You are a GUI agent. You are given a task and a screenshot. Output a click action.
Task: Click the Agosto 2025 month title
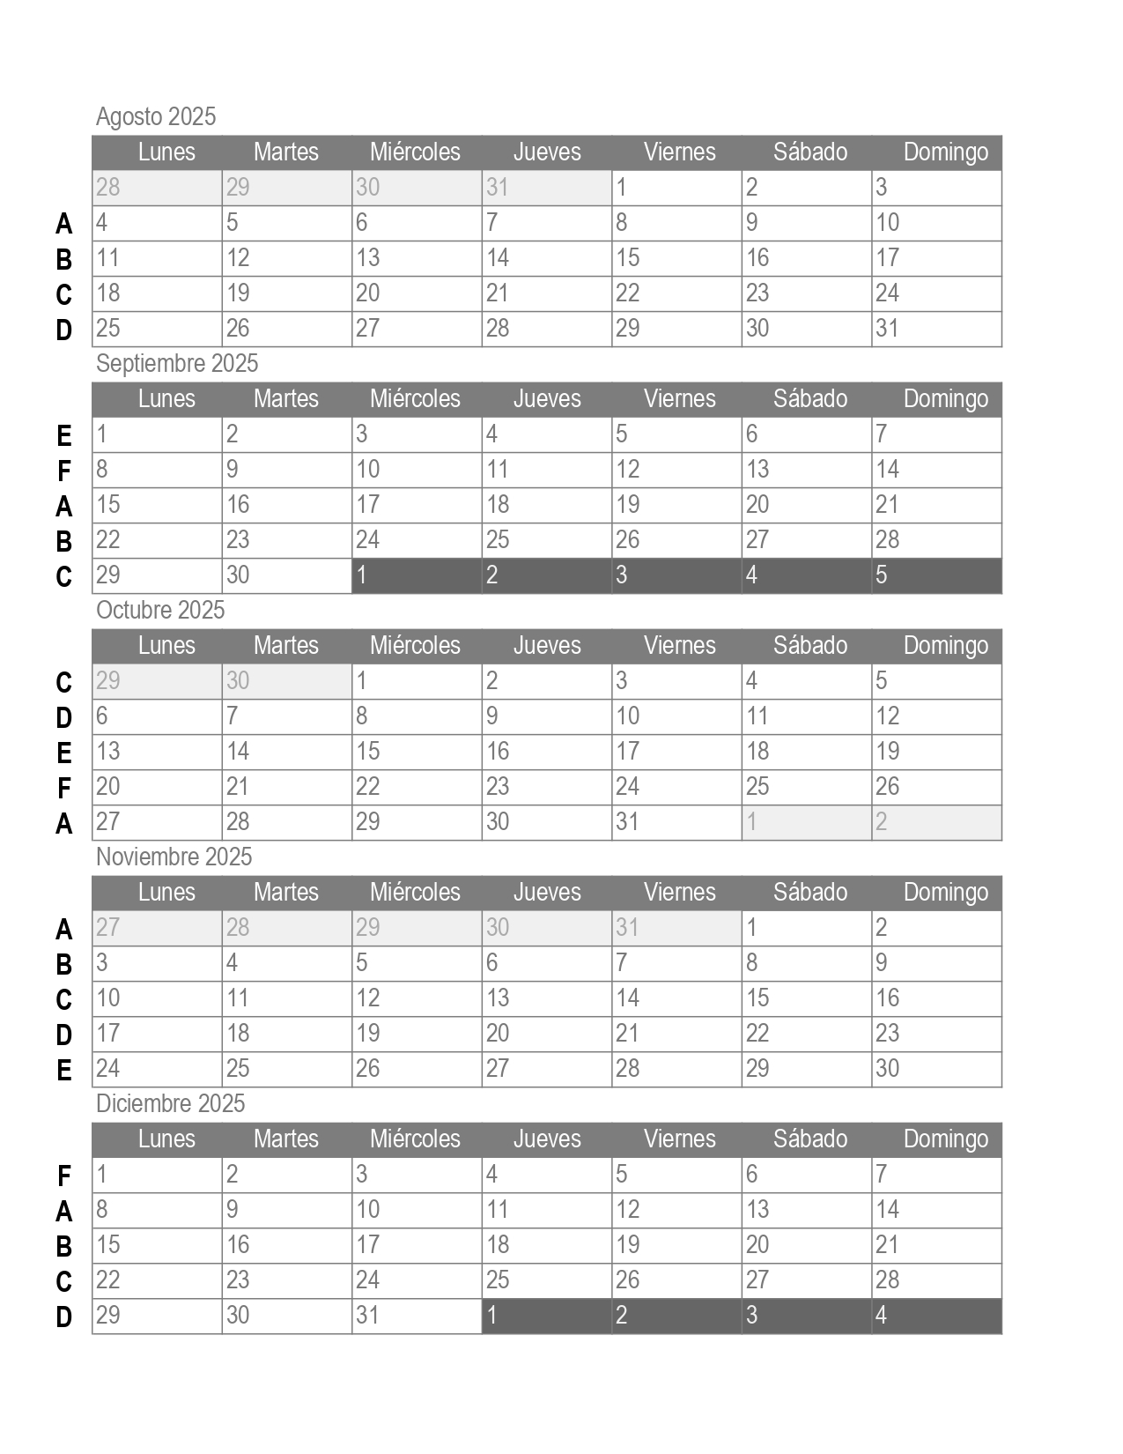(x=156, y=116)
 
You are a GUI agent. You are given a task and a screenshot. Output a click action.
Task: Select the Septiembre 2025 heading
(x=177, y=363)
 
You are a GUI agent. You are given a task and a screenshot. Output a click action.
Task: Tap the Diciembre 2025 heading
(x=170, y=1103)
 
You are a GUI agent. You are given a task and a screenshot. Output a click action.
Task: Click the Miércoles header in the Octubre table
(x=415, y=645)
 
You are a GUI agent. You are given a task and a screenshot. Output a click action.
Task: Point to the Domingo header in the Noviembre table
(x=945, y=892)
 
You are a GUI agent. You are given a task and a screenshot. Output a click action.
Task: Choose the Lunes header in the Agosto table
(x=166, y=152)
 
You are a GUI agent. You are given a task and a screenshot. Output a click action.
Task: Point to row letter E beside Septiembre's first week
(x=64, y=435)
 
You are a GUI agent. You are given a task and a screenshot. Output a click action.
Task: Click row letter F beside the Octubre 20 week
(x=64, y=788)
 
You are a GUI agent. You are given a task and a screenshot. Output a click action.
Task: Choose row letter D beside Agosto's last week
(x=64, y=330)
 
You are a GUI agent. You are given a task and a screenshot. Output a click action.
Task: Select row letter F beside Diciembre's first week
(x=64, y=1176)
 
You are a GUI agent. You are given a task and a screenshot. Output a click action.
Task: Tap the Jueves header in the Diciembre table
(x=547, y=1139)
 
